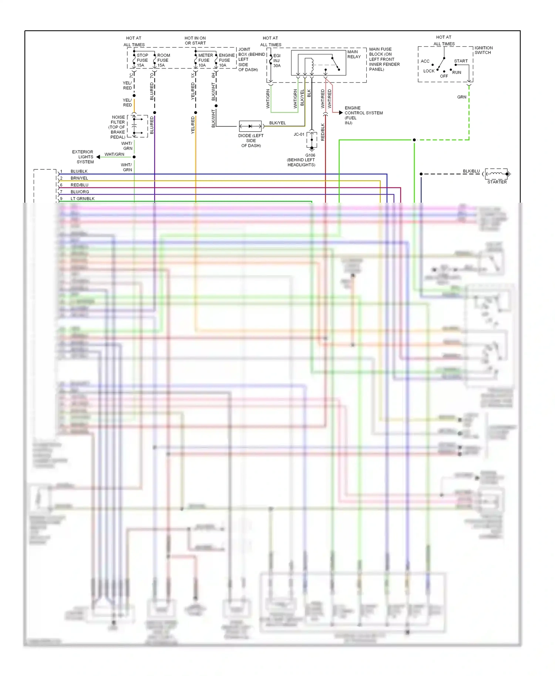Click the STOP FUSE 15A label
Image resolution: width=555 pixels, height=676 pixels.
click(x=142, y=60)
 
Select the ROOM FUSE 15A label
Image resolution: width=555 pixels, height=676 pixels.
click(x=163, y=60)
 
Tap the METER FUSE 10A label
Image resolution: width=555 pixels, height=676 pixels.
click(x=205, y=60)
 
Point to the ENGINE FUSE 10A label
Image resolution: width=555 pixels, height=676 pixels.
click(x=226, y=60)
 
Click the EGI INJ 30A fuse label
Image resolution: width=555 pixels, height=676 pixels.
click(x=277, y=61)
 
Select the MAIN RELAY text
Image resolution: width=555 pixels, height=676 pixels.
click(x=354, y=54)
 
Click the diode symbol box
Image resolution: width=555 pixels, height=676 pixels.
click(x=250, y=126)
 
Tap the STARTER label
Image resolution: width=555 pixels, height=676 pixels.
click(x=497, y=182)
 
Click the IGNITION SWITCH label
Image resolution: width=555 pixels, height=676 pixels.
click(x=483, y=50)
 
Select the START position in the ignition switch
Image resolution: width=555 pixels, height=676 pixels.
click(x=461, y=61)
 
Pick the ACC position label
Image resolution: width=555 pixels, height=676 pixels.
click(x=425, y=61)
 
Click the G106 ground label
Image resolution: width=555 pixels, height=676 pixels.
click(x=310, y=155)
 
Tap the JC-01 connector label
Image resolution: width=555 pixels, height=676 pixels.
click(x=299, y=134)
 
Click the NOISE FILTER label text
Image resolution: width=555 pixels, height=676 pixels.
click(x=118, y=127)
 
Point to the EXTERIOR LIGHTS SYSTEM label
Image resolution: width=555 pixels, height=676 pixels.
click(x=83, y=157)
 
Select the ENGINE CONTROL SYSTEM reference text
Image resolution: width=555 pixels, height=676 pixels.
click(x=363, y=115)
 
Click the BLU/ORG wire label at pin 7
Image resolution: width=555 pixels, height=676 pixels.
click(x=80, y=192)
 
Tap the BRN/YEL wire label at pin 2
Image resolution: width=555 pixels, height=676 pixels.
click(x=79, y=178)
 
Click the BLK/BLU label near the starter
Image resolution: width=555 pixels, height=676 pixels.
click(x=471, y=171)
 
